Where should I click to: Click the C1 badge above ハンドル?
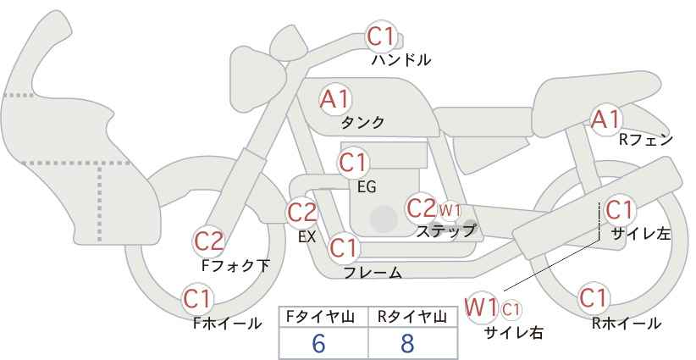(381, 36)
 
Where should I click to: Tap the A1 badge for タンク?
(334, 99)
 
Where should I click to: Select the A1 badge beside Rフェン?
(605, 120)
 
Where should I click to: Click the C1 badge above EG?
(353, 161)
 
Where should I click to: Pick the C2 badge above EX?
(302, 212)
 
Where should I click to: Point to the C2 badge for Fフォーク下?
(209, 241)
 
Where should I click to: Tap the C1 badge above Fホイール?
(198, 298)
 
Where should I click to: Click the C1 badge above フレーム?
(344, 248)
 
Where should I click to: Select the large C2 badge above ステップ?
(421, 208)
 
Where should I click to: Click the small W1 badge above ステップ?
(449, 209)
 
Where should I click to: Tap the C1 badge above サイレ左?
(619, 208)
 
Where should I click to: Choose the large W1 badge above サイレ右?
(483, 306)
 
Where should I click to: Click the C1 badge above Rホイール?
(593, 298)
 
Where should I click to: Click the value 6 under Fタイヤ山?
(318, 343)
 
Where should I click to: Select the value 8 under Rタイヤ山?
(408, 343)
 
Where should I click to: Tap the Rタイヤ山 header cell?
(412, 317)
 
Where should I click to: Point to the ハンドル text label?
(401, 61)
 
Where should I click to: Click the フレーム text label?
(373, 273)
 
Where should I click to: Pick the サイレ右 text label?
(513, 332)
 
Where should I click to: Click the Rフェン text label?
(646, 139)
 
